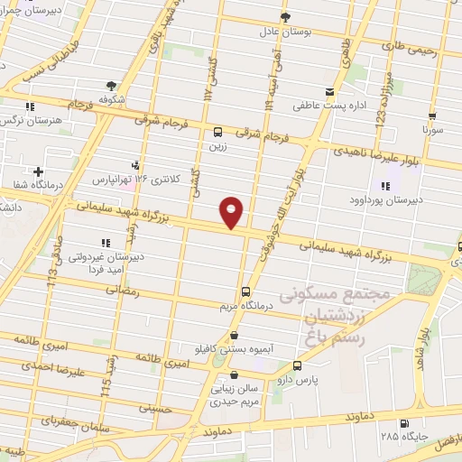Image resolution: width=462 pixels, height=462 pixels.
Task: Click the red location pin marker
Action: [232, 212]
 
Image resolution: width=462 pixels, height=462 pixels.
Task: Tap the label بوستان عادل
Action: [285, 31]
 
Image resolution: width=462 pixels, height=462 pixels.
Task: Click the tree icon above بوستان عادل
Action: [285, 16]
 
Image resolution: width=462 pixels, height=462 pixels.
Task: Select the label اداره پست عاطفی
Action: [328, 105]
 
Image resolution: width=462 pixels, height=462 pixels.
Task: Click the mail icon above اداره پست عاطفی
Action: [329, 91]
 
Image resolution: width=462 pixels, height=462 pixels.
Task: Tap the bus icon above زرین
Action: [217, 130]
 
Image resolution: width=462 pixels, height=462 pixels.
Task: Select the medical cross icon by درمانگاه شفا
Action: [38, 171]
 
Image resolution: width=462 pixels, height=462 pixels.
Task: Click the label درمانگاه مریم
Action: [245, 306]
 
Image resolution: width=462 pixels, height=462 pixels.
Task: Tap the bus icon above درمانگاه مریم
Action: [245, 291]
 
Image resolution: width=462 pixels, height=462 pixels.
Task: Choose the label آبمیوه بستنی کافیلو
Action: [233, 347]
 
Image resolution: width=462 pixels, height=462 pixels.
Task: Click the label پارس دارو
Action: [299, 380]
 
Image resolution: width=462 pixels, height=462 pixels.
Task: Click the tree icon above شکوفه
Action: [112, 86]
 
